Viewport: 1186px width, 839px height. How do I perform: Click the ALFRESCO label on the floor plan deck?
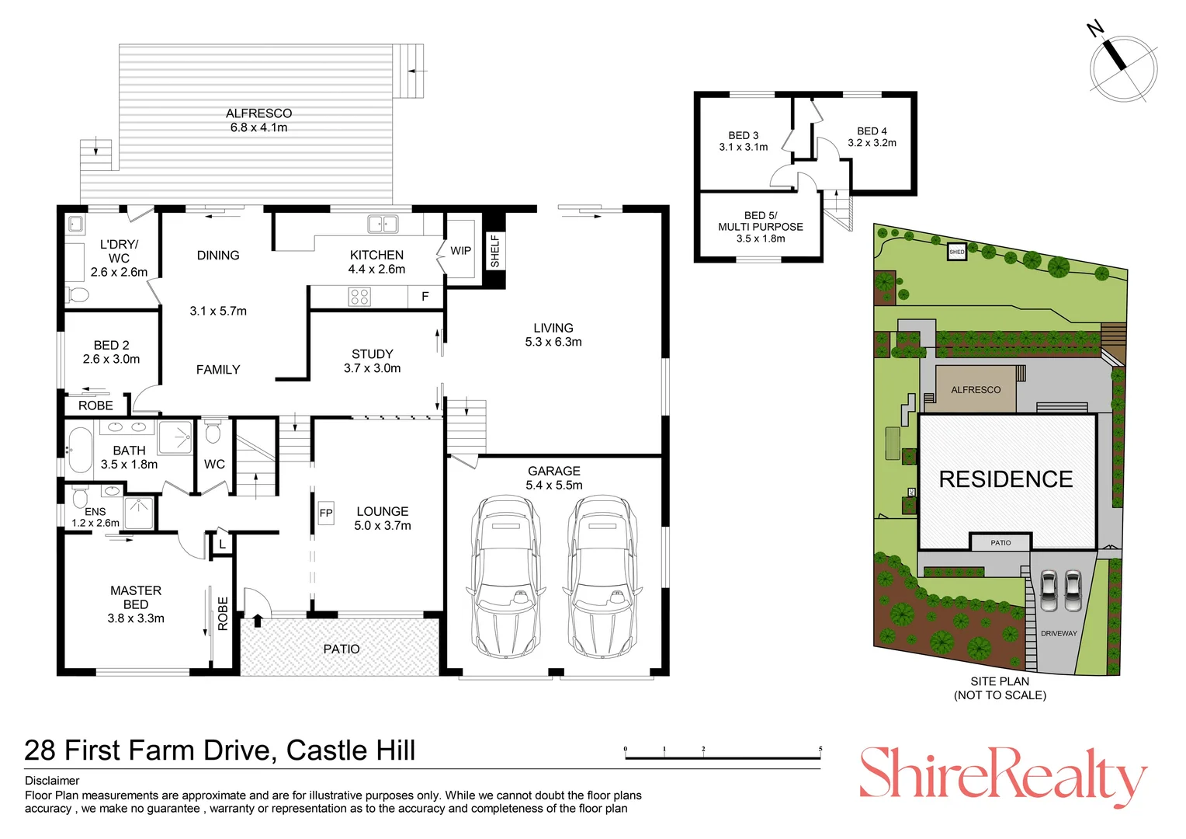click(258, 113)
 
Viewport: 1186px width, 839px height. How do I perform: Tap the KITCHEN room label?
click(376, 255)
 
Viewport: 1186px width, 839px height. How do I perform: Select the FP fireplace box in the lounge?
click(326, 513)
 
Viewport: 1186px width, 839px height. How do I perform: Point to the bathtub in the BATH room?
click(79, 451)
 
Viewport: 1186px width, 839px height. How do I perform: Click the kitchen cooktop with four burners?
click(359, 297)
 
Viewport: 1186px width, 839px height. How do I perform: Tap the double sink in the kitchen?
click(382, 225)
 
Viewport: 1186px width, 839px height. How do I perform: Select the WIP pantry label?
click(460, 251)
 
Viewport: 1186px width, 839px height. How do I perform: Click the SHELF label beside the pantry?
click(494, 251)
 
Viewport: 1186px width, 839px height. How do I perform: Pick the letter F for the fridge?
click(425, 297)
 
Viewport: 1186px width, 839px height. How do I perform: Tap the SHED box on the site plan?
click(956, 252)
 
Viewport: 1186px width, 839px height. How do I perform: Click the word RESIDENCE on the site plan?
click(1006, 479)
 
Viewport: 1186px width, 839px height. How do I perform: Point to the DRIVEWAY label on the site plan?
click(1059, 633)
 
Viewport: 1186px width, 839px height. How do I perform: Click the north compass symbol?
click(1122, 67)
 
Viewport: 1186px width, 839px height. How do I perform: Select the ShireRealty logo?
click(1002, 775)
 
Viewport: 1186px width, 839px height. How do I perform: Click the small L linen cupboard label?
click(222, 545)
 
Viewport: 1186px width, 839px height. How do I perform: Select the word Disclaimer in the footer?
click(52, 781)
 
